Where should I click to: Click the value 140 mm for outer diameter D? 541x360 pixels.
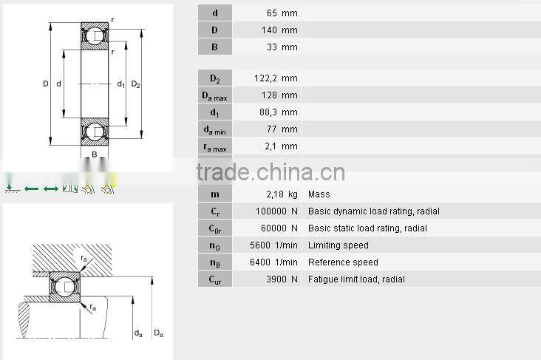point(280,30)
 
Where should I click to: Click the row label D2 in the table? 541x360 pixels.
point(215,78)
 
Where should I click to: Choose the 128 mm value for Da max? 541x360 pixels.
point(280,95)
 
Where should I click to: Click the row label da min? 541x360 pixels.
point(215,129)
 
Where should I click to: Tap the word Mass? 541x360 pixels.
point(319,194)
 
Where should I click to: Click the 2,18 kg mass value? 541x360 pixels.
point(282,194)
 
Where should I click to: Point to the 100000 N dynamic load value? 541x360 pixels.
point(276,211)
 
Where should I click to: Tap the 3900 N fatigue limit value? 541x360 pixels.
point(282,279)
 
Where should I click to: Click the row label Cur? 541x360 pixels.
point(215,279)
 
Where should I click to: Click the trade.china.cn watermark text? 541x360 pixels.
point(270,172)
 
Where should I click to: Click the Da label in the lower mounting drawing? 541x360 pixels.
point(158,334)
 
